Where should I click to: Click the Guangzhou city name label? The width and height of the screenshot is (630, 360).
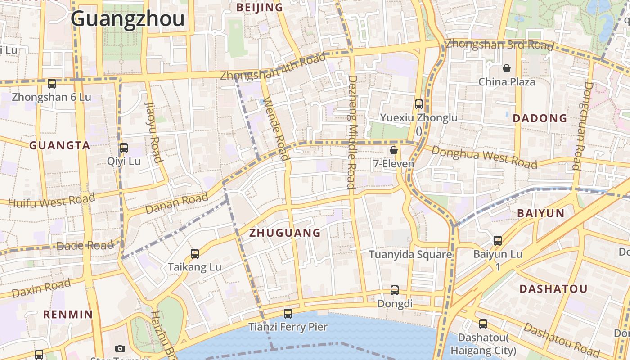pos(127,19)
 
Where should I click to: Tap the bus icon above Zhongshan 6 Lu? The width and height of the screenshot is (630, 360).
pos(52,83)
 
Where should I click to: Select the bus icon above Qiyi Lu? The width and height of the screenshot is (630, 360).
pos(123,148)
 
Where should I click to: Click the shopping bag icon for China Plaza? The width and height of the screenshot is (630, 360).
pos(507,68)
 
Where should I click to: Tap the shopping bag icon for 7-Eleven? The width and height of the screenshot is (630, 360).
pos(394,150)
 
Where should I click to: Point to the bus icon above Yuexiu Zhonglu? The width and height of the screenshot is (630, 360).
pos(419,104)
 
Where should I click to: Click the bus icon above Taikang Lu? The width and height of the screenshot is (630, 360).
pos(195,253)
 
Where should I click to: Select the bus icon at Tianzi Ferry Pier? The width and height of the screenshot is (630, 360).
pos(288,313)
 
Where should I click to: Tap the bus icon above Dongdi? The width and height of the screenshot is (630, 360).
pos(395,290)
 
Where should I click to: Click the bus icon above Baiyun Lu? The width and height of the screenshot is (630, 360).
pos(498,240)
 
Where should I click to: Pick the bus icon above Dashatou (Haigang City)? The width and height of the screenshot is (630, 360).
pos(483,324)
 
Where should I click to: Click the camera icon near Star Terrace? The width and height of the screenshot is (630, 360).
pos(120,348)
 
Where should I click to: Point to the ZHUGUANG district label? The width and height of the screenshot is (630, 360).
pos(285,233)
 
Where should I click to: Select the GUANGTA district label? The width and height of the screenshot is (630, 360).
pos(60,145)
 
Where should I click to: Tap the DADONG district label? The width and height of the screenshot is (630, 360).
pos(540,118)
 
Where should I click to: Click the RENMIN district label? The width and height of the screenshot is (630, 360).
pos(68,314)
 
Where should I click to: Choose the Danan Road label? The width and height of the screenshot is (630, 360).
pos(177,203)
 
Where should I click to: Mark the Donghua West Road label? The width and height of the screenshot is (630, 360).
pos(484,157)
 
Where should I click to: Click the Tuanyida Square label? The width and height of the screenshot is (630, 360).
pos(410,254)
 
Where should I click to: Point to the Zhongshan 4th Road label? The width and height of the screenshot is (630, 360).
pos(273,67)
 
